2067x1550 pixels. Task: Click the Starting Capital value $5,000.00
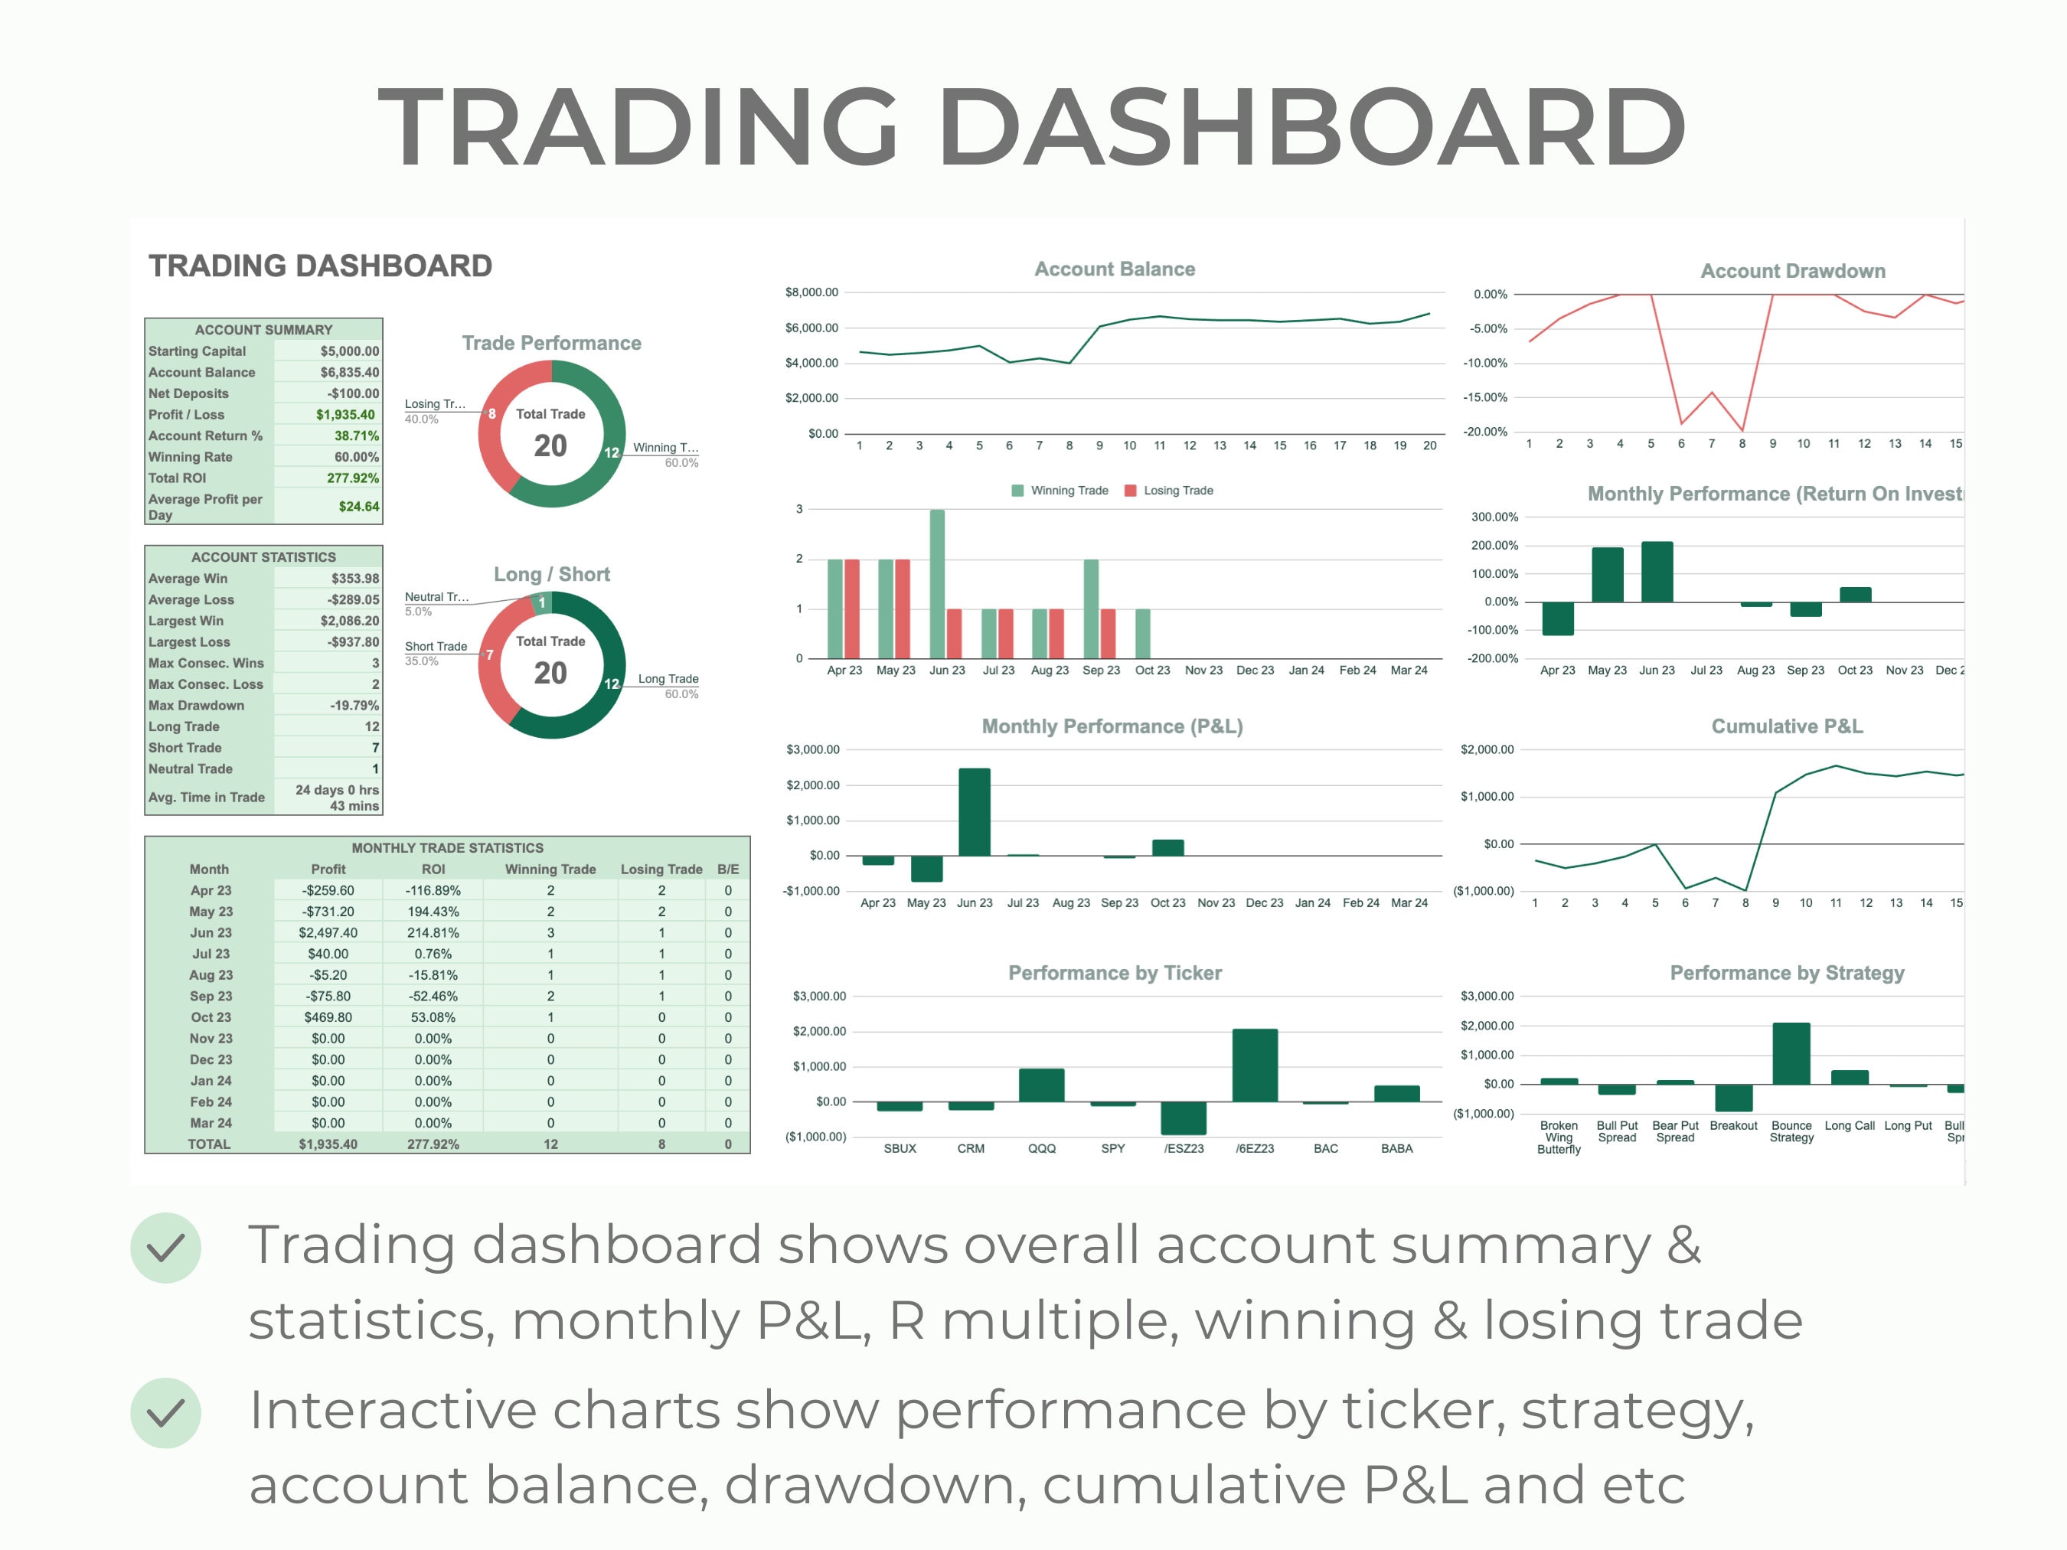[348, 351]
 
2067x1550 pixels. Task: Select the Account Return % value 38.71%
[356, 436]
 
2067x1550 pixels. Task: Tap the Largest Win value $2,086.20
[348, 622]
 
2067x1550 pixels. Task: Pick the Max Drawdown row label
[196, 706]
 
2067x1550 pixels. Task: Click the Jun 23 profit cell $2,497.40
[327, 933]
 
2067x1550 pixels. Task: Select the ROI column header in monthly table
[433, 870]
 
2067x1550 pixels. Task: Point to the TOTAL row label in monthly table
[208, 1144]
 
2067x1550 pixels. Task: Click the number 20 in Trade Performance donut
[550, 446]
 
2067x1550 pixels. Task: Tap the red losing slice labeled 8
[491, 414]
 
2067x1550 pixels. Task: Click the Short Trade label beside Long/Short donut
[436, 647]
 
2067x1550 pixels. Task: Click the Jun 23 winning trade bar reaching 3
[937, 584]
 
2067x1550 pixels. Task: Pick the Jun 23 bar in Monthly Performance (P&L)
[975, 812]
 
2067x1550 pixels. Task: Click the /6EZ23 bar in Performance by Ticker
[1254, 1065]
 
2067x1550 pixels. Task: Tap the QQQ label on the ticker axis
[1042, 1149]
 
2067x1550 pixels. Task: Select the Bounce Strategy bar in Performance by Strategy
[1791, 1054]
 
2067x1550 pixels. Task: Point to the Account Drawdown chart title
[1792, 271]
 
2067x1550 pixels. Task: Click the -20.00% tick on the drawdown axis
[1485, 432]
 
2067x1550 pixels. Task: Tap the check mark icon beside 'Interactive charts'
[165, 1413]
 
